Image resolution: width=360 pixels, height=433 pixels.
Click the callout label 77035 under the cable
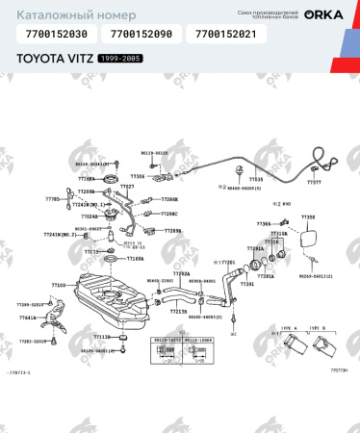click(x=255, y=179)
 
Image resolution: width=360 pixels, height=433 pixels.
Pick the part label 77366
click(x=264, y=223)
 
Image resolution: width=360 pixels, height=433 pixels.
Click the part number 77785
click(x=52, y=198)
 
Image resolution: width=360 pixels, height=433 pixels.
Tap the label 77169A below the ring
click(x=134, y=258)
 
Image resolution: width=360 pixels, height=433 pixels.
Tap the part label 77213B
click(x=178, y=312)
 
